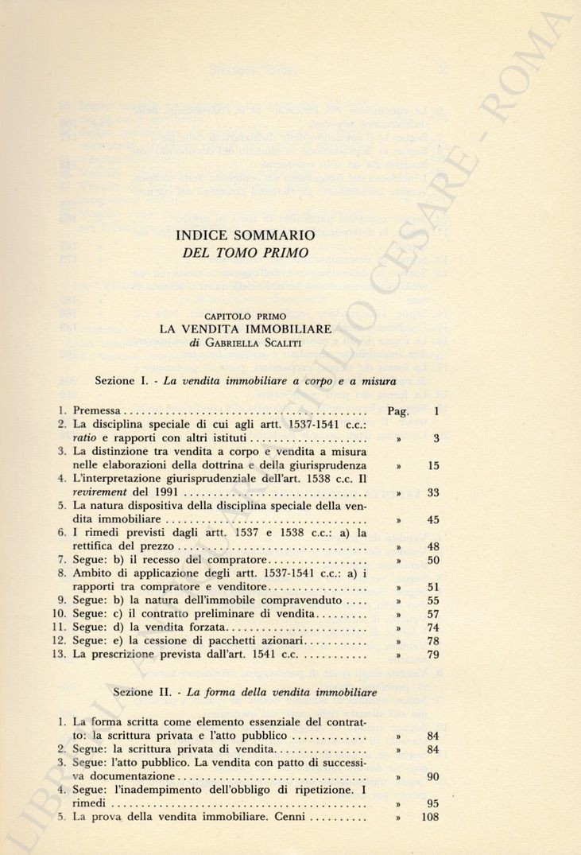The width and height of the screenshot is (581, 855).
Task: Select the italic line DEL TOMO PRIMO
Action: point(246,254)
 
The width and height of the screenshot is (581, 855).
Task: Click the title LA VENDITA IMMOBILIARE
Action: point(246,328)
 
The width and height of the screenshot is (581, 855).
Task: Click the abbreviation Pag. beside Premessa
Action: point(397,411)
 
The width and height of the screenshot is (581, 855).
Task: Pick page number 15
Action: point(433,465)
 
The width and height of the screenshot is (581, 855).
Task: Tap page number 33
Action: point(433,493)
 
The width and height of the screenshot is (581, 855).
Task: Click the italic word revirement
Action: point(101,493)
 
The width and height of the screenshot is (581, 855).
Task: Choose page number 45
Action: point(433,520)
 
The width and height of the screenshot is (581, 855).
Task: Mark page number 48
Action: point(433,547)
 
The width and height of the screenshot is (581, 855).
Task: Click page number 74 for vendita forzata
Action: point(433,628)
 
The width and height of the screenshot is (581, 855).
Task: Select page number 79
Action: point(433,655)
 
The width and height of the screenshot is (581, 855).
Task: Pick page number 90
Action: point(433,776)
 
